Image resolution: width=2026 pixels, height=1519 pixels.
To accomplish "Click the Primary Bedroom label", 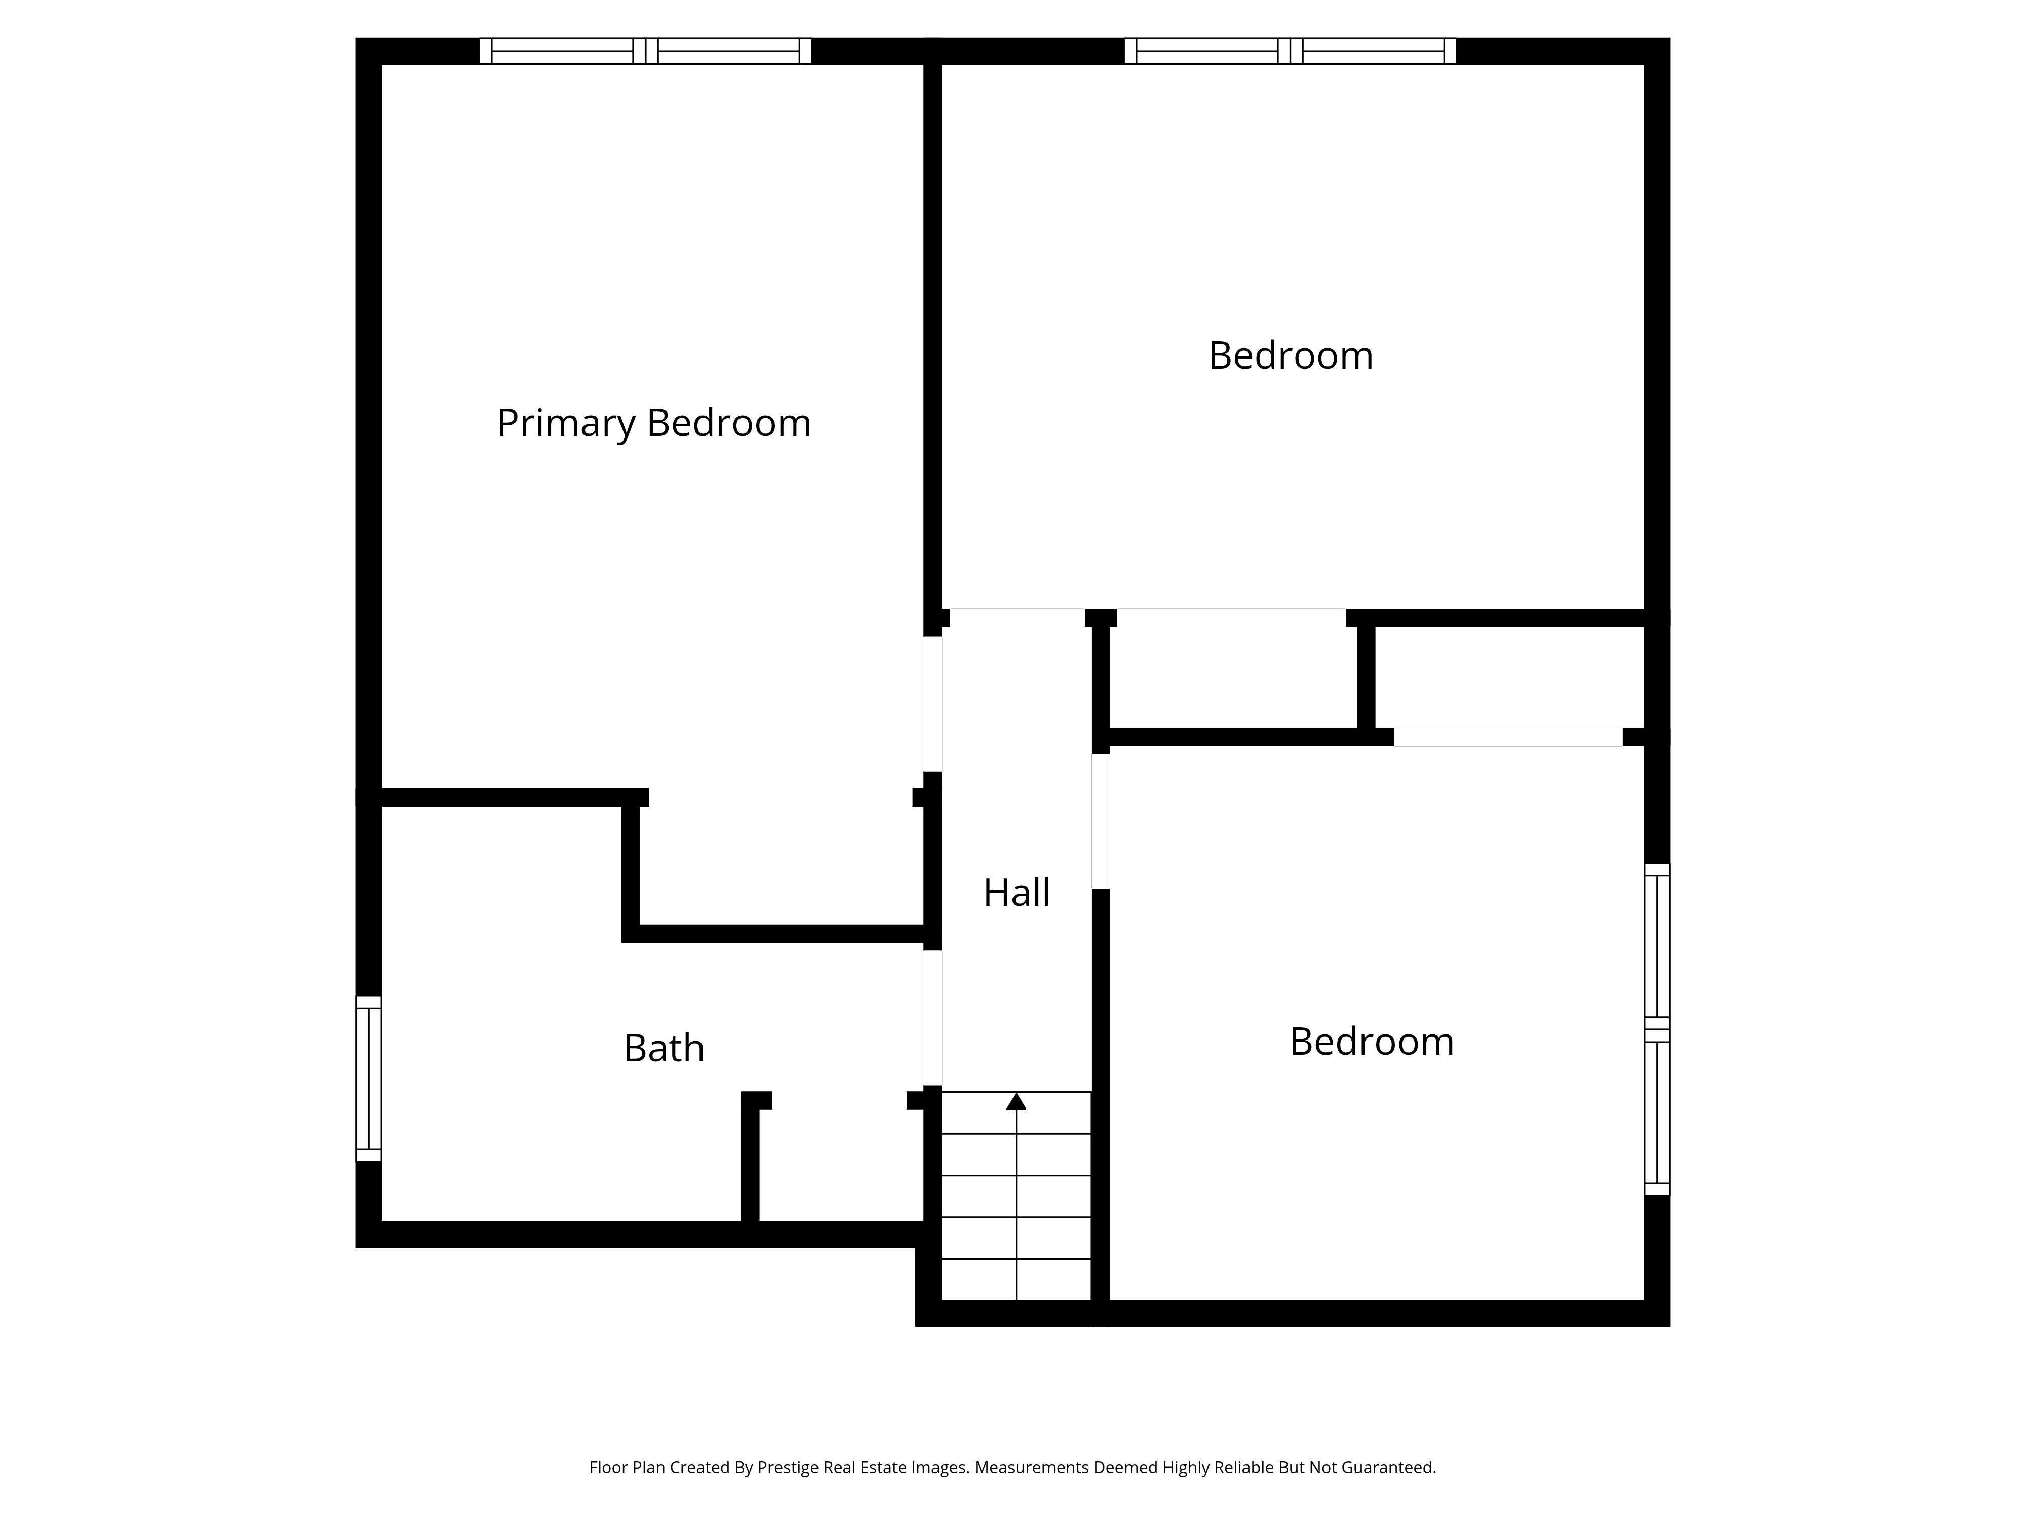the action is click(x=654, y=423).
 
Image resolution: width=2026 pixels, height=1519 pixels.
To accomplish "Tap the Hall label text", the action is click(x=1017, y=893).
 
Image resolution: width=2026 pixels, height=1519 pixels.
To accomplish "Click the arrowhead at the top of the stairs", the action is click(x=1017, y=1101).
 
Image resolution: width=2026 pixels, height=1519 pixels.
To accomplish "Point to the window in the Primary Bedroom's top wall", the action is click(x=646, y=51).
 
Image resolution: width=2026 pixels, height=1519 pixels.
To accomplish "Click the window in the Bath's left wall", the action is click(x=368, y=1078).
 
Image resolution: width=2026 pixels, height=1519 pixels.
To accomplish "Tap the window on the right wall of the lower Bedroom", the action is click(x=1657, y=1029).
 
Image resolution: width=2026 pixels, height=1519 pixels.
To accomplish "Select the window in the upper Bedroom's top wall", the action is click(x=1291, y=51).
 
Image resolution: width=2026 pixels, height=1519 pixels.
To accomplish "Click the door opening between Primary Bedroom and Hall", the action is click(x=932, y=704).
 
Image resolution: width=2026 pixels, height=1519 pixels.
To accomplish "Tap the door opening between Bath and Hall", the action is click(x=932, y=1018).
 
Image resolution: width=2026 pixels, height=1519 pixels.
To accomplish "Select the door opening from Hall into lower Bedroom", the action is click(x=1101, y=820).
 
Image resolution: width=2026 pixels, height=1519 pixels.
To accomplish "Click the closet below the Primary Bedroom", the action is click(x=781, y=865).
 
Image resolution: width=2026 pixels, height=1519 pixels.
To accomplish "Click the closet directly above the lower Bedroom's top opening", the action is click(x=1509, y=677).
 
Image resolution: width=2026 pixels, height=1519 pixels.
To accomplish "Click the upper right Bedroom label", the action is click(x=1291, y=356).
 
